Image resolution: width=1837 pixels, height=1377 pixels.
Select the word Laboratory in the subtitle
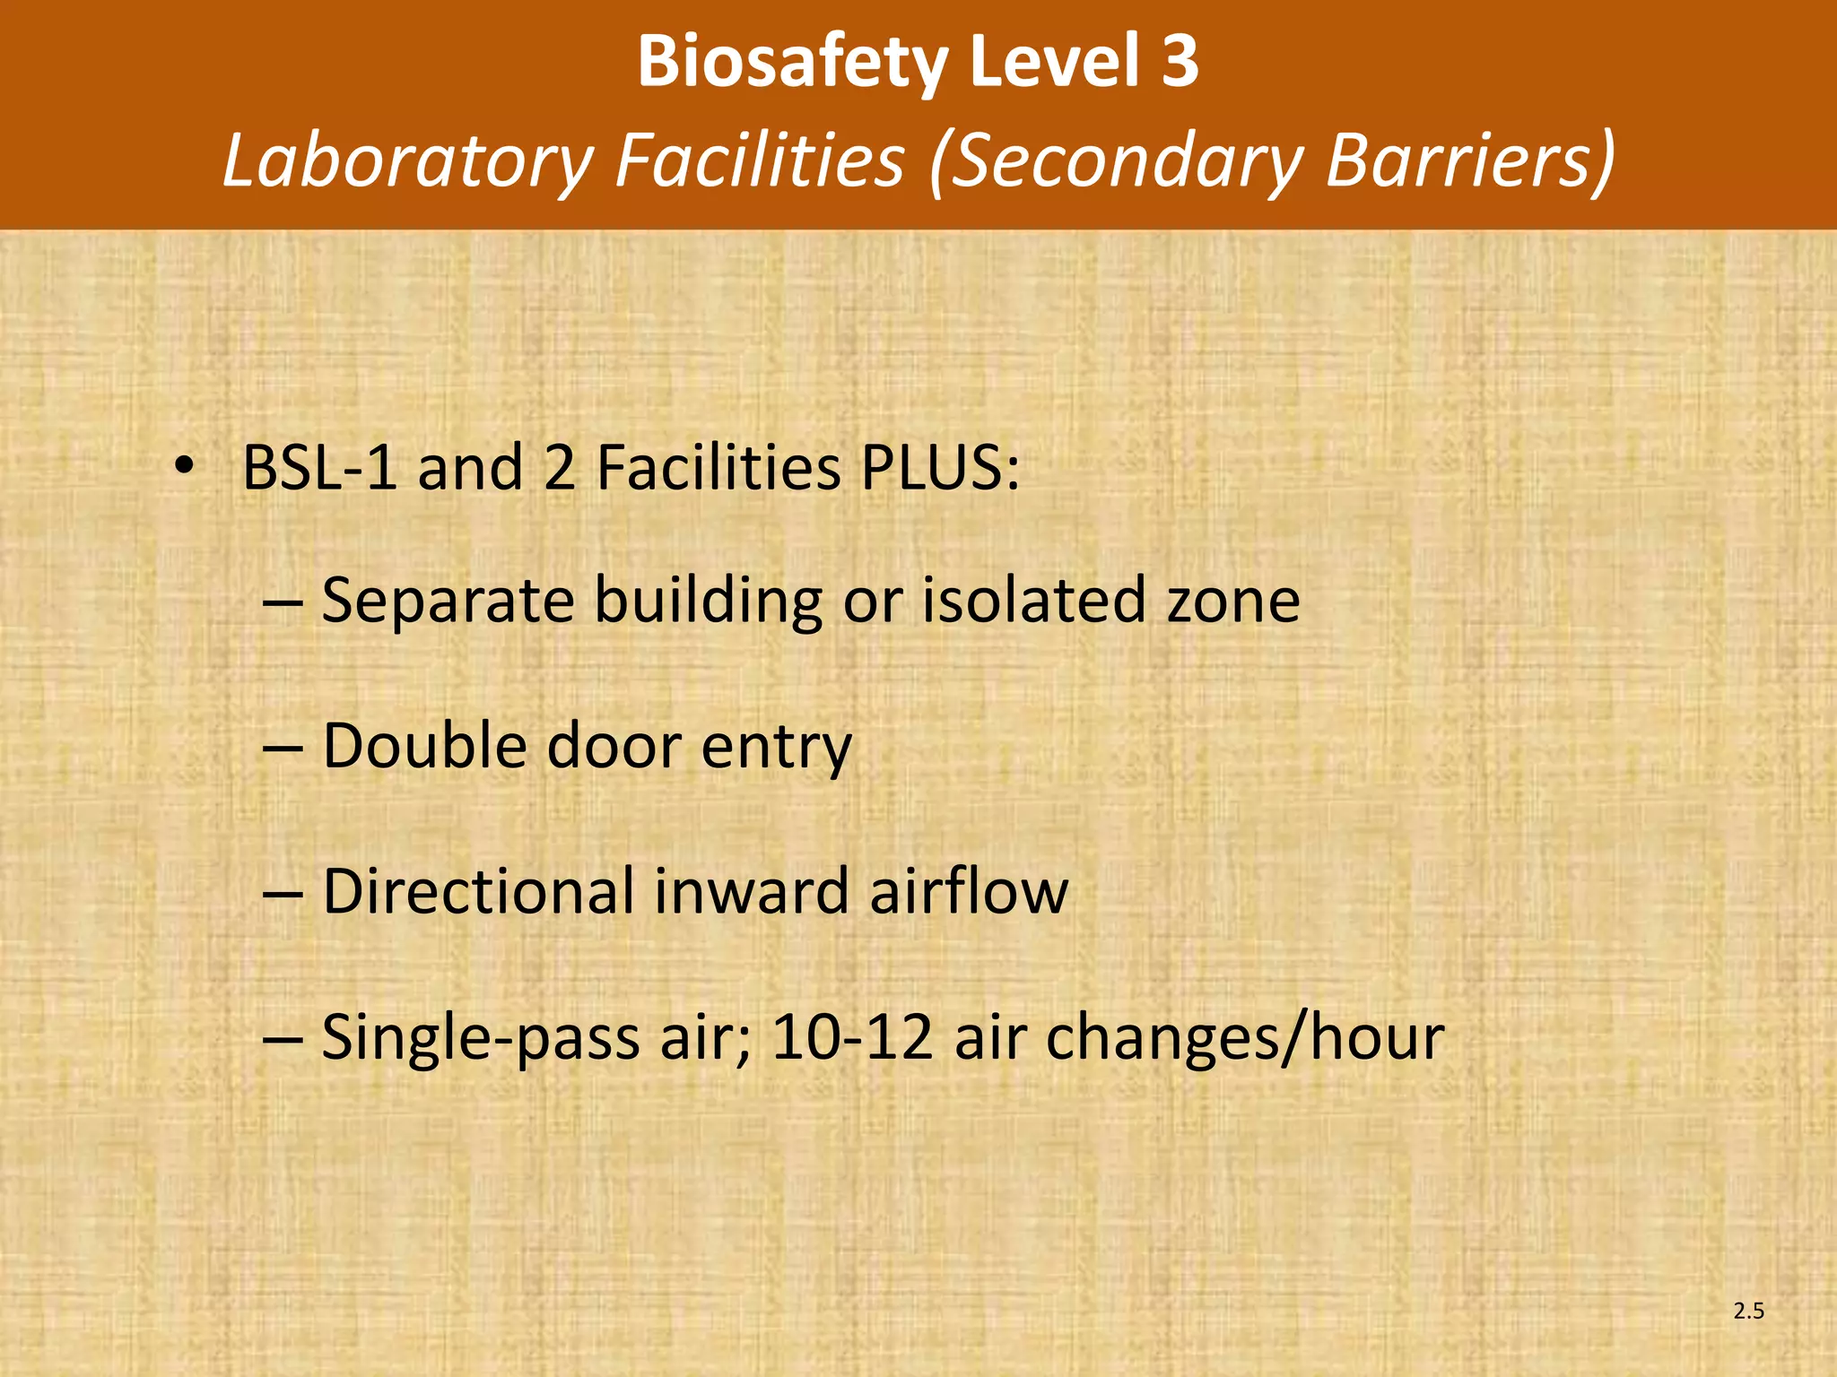coord(408,161)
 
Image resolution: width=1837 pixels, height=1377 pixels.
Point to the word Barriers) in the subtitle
coord(1471,161)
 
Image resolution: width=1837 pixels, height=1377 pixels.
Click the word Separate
coord(448,601)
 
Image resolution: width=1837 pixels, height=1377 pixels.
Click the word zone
coord(1233,601)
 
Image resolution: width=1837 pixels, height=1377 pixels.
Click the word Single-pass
coord(479,1038)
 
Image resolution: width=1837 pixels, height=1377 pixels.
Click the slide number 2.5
coord(1748,1312)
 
